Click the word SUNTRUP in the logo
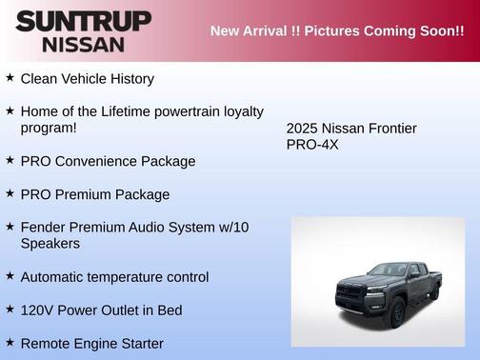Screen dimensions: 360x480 point(83,21)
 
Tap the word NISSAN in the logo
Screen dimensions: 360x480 point(83,44)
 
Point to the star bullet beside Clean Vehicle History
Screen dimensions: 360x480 point(10,77)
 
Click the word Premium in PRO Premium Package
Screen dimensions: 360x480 point(89,194)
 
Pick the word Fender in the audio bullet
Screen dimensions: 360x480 point(44,227)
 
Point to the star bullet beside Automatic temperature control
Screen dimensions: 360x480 point(10,276)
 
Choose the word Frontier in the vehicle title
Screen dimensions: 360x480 point(389,129)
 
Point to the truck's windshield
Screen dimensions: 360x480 point(388,270)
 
